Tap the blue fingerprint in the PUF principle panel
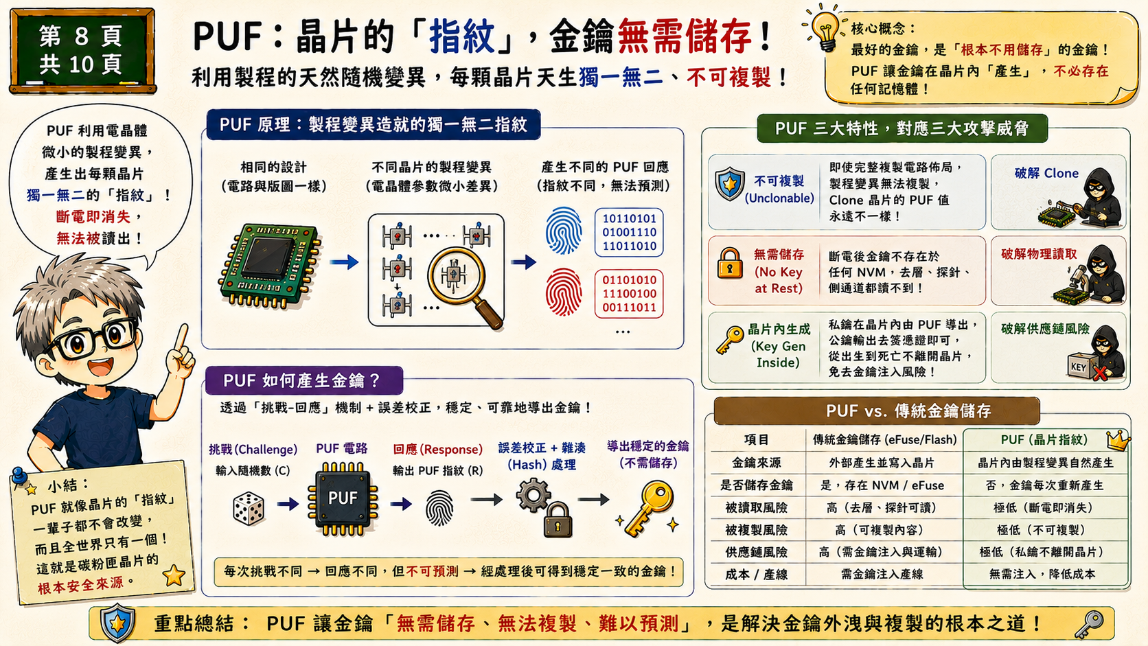pyautogui.click(x=563, y=231)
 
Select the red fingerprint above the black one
pyautogui.click(x=563, y=292)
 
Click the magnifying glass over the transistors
pyautogui.click(x=463, y=284)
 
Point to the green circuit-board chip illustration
pyautogui.click(x=270, y=265)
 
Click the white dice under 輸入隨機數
pyautogui.click(x=249, y=508)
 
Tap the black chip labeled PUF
pyautogui.click(x=343, y=498)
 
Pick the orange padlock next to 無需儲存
pyautogui.click(x=730, y=263)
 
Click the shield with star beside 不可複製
pyautogui.click(x=730, y=183)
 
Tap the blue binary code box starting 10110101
pyautogui.click(x=629, y=232)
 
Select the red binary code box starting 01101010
pyautogui.click(x=629, y=294)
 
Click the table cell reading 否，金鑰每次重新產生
pyautogui.click(x=1044, y=485)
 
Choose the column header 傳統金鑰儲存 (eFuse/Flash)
pyautogui.click(x=884, y=439)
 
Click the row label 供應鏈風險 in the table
pyautogui.click(x=756, y=552)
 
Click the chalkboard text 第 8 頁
pyautogui.click(x=81, y=35)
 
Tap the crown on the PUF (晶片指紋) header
pyautogui.click(x=1118, y=439)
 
